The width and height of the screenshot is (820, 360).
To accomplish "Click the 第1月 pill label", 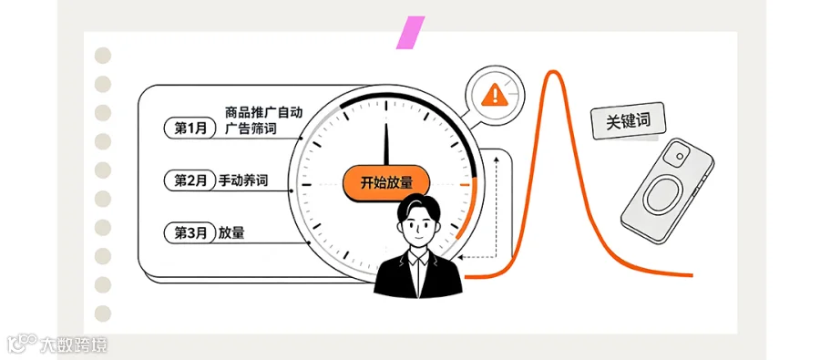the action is click(190, 129).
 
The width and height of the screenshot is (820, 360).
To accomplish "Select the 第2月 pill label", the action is click(190, 181).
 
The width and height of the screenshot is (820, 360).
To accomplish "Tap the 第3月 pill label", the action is click(190, 233).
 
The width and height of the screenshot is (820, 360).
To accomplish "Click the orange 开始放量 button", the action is click(386, 183).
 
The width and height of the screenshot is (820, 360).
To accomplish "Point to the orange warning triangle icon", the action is click(493, 95).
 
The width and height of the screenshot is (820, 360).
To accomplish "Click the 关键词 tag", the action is click(628, 121).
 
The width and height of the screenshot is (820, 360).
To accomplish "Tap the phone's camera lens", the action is click(680, 156).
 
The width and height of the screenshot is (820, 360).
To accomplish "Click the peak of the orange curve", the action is click(551, 72).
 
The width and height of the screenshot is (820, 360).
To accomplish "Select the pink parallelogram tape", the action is click(411, 33).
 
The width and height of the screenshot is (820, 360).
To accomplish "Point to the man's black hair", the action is click(418, 205).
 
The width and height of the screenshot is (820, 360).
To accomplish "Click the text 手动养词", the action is click(243, 181).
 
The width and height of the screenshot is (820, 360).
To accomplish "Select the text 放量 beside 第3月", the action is click(231, 233).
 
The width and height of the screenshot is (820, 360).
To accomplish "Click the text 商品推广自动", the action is click(264, 112).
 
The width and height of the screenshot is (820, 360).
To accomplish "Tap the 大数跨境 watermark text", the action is click(74, 345).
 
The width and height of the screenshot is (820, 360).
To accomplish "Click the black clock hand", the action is click(386, 144).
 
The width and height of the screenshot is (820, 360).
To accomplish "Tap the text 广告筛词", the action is click(251, 129).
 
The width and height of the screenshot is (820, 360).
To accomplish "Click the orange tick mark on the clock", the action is click(465, 185).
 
